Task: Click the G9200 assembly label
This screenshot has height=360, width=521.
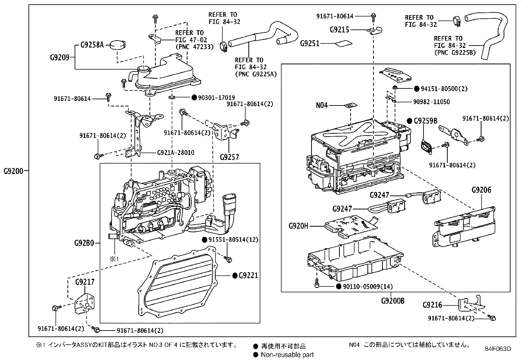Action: coord(13,171)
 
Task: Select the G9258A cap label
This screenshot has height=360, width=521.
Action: coord(92,45)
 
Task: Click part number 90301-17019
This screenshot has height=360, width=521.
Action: coord(216,98)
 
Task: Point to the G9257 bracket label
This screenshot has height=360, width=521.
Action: coord(229,157)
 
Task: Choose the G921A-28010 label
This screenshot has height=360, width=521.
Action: coord(175,153)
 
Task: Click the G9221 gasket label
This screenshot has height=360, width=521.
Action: coord(248,275)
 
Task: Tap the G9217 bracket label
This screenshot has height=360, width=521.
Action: coord(85,282)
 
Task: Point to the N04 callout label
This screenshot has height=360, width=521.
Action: coord(322,105)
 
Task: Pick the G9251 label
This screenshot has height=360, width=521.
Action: coord(310,44)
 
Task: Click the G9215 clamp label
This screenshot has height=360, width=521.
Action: coord(339,30)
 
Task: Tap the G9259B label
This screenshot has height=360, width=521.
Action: coord(425,121)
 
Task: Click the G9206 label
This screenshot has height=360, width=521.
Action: coord(481,190)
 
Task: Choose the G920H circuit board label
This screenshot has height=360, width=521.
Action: coord(298,226)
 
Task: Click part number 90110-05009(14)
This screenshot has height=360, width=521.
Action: coord(368,287)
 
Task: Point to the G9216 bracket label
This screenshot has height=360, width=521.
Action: coord(432,305)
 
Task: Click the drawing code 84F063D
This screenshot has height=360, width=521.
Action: coord(498,349)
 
